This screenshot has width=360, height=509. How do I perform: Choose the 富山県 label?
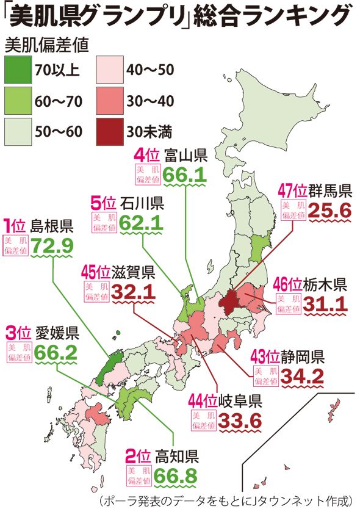[185, 154]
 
